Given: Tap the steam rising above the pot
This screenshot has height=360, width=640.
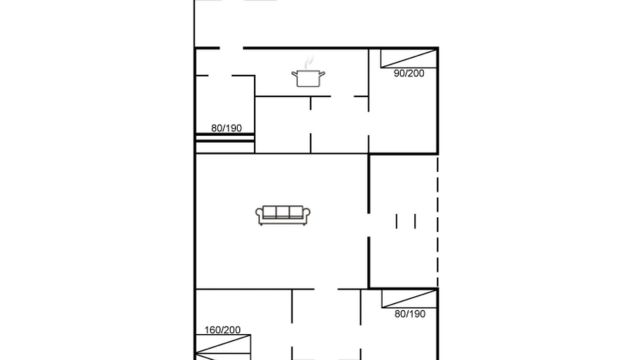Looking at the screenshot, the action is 308,62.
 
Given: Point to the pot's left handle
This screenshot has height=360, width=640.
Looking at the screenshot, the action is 294,74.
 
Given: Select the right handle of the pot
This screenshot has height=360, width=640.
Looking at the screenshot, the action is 322,74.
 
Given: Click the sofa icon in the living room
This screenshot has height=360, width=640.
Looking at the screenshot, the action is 283,215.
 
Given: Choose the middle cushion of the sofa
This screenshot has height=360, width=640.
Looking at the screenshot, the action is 283,212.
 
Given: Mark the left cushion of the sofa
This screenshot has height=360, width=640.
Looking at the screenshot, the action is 269,212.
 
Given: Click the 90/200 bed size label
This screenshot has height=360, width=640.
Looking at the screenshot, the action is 409,73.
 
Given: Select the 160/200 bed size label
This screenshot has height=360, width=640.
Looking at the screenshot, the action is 222,330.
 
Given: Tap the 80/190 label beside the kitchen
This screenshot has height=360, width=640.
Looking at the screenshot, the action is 226,128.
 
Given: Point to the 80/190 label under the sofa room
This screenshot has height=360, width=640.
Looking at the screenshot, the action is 410,314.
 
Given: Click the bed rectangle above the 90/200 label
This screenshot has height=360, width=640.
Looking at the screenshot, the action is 409,58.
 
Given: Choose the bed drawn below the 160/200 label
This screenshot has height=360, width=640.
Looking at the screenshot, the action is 223,347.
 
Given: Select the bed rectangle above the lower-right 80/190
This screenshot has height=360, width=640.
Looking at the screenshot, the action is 409,298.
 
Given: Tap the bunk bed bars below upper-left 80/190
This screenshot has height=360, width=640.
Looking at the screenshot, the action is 225,137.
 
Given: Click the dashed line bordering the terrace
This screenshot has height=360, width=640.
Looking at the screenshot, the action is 437,221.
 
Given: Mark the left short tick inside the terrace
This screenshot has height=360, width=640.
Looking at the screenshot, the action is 396,221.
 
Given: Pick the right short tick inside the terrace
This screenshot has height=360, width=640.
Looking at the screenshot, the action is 415,221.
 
